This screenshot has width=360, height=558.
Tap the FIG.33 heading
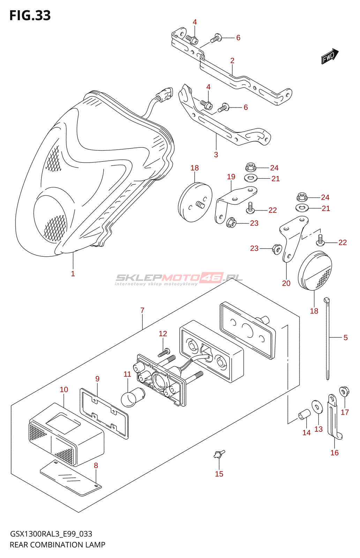(x=30, y=16)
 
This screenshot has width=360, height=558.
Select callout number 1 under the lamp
(x=73, y=274)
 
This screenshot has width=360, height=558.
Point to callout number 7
(x=142, y=310)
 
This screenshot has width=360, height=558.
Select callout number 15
(x=219, y=474)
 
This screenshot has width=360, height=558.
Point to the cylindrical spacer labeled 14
(x=304, y=415)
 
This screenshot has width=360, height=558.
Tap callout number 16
(x=335, y=453)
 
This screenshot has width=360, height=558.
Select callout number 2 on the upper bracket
(x=232, y=61)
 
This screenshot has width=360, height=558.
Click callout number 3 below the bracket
(x=216, y=154)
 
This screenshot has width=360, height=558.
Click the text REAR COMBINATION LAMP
(x=58, y=545)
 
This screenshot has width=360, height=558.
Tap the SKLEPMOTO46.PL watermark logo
(x=179, y=278)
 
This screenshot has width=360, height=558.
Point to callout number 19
(x=231, y=177)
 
